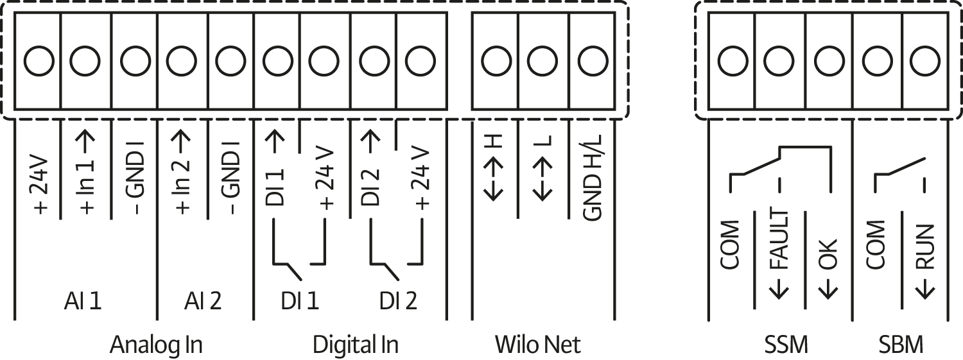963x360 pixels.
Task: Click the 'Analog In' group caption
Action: [156, 345]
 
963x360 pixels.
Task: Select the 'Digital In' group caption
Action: [355, 345]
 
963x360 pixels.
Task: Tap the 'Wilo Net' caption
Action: [537, 345]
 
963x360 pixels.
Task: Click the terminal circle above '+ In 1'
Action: [85, 62]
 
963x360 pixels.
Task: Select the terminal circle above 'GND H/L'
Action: [592, 62]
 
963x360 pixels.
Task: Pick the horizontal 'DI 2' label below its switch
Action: [397, 301]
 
